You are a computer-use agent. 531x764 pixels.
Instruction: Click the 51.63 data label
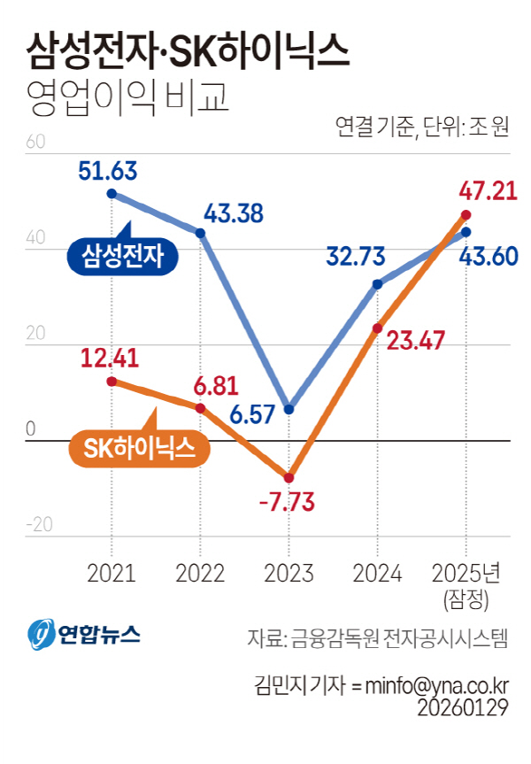pos(114,171)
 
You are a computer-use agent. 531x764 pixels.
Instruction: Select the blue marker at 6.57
pos(289,409)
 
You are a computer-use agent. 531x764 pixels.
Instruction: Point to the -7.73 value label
pos(288,501)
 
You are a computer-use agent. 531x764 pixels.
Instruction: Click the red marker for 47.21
pos(466,215)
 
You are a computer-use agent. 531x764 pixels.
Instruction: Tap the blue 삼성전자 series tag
pos(123,256)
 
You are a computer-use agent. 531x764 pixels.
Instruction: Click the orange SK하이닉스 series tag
pos(139,448)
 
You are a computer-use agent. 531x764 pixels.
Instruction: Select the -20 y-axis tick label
pos(41,524)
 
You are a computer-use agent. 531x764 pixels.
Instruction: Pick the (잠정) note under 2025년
pos(466,601)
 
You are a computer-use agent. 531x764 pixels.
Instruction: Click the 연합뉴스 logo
pos(84,634)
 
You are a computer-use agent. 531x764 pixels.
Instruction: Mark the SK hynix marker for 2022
pos(200,408)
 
